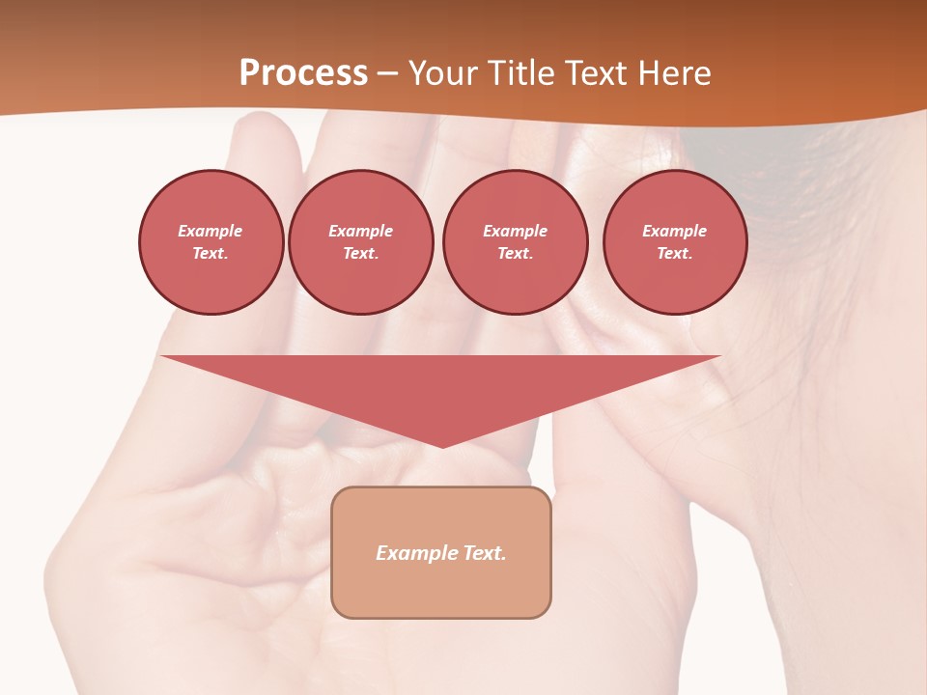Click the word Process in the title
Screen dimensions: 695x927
coord(303,73)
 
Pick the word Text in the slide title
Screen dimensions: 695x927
coord(596,73)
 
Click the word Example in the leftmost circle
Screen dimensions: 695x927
coord(211,231)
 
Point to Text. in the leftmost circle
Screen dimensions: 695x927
coord(211,253)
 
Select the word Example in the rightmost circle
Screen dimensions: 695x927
coord(674,231)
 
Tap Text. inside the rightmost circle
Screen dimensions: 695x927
coord(674,253)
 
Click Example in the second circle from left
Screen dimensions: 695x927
coord(360,231)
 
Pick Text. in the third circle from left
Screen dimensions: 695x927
coord(515,253)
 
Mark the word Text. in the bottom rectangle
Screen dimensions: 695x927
coord(483,553)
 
